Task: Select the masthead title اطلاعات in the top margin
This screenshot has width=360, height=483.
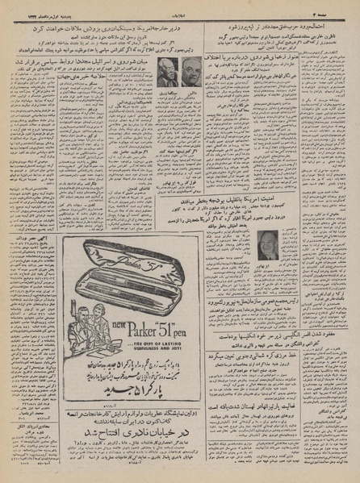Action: pyautogui.click(x=179, y=6)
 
